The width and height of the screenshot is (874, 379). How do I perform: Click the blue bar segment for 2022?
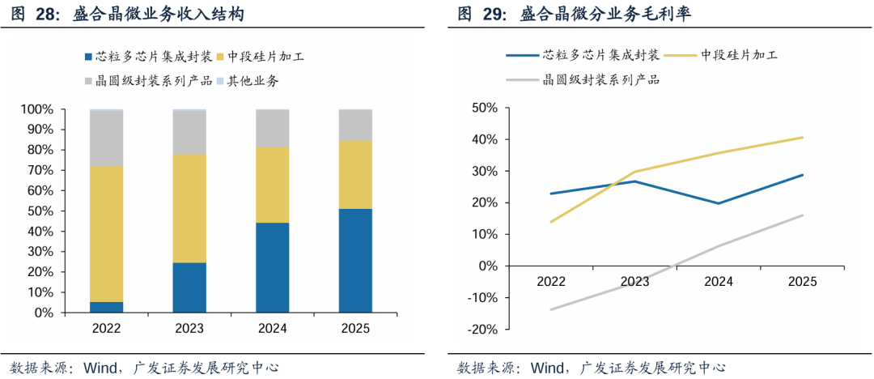click(107, 308)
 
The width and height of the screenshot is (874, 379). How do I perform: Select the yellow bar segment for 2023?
click(189, 208)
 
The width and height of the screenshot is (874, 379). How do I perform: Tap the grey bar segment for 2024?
click(273, 129)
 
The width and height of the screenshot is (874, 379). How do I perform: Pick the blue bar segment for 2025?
click(355, 262)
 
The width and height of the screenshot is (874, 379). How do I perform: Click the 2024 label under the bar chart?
click(273, 329)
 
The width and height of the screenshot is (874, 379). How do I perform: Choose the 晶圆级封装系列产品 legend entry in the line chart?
click(583, 80)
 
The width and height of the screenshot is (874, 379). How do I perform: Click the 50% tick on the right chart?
click(485, 107)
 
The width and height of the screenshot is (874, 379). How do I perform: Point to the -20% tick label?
click(482, 330)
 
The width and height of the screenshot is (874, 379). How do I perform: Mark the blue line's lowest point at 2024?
click(719, 203)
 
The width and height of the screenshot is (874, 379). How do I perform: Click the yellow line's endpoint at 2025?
click(803, 138)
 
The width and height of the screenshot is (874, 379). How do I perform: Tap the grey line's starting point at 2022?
click(551, 309)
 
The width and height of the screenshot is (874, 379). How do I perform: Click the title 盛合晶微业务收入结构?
click(159, 15)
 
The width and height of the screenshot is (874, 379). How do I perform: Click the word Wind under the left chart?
click(100, 368)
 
